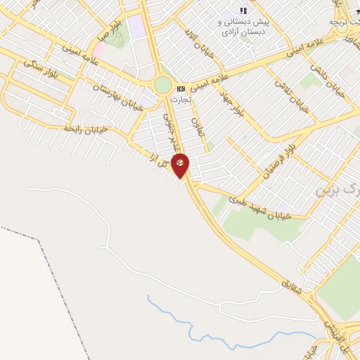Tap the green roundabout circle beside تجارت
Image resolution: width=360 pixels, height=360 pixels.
(x=163, y=85)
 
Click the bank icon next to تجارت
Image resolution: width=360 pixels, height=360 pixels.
(x=181, y=89)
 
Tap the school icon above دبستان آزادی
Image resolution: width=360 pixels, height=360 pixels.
(x=243, y=11)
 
